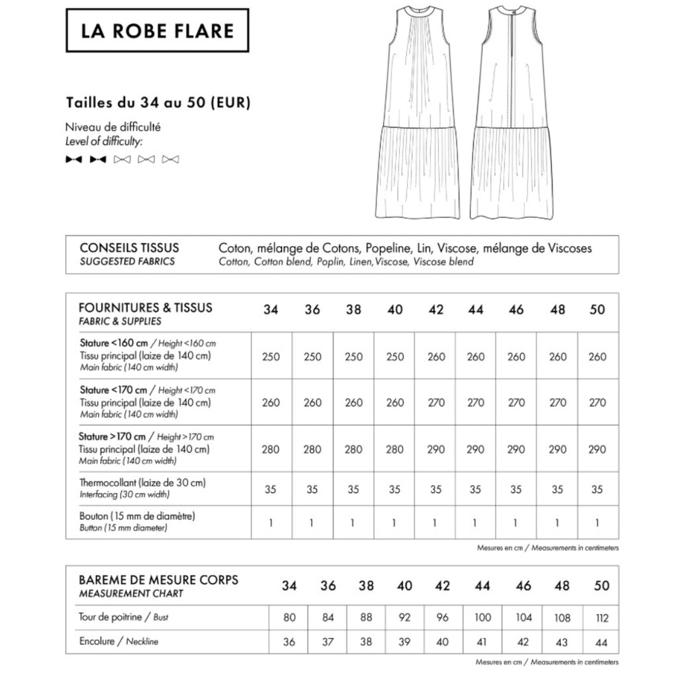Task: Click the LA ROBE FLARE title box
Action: pos(157,30)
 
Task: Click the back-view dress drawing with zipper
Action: pos(513,112)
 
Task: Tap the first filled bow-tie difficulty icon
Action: pos(73,159)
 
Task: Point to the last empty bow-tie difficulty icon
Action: pos(171,159)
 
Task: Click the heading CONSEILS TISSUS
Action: pos(129,248)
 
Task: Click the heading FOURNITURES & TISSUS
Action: pos(146,308)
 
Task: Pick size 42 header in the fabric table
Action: pos(435,310)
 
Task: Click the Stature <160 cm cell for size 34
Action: pos(271,357)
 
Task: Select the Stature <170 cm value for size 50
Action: pos(597,402)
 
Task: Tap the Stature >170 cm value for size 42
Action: pos(435,449)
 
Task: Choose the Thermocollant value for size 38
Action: pos(353,490)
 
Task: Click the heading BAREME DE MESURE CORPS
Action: pos(158,580)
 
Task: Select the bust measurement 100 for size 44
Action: pos(482,617)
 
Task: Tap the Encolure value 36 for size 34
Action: pos(289,641)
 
